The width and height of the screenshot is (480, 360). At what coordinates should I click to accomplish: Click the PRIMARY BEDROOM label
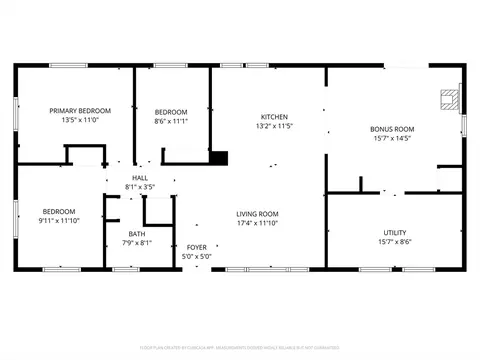coord(66,110)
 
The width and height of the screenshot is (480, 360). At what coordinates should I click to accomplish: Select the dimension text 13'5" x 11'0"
coord(66,120)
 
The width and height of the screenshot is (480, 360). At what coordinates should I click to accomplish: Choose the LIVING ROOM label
coord(257,214)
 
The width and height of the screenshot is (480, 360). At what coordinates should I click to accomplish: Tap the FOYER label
coord(196,246)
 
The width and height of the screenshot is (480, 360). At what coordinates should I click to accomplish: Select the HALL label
coord(140,177)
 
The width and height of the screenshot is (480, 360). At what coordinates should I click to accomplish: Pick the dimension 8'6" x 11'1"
coord(171,121)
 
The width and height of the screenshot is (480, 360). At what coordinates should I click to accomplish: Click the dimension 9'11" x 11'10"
coord(59,221)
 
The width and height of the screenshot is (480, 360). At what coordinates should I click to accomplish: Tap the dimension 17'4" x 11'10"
coord(257,224)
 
